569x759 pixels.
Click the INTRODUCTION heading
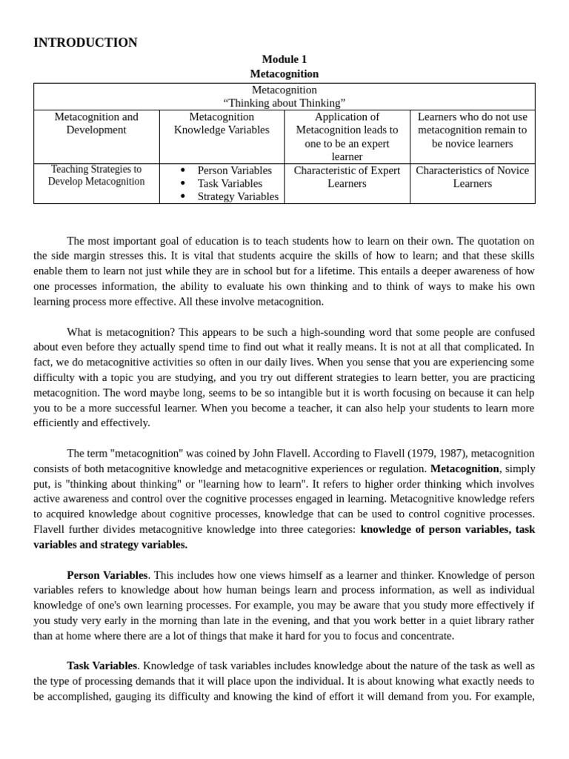tap(85, 43)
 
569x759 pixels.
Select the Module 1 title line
tap(284, 59)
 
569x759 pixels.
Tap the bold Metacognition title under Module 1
tap(284, 74)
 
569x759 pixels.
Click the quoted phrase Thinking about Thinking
tap(284, 103)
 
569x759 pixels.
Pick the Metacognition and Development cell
tap(96, 123)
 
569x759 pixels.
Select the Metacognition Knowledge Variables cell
tap(222, 123)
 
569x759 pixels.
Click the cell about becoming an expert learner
tap(347, 136)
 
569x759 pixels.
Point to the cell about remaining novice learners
tap(472, 130)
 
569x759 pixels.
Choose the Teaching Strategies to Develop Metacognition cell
tap(96, 176)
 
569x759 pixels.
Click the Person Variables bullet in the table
tap(234, 170)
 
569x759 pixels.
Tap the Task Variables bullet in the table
tap(230, 183)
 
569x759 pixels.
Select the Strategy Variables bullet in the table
tap(238, 196)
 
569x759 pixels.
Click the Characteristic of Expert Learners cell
tap(347, 176)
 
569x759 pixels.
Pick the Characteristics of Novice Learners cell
tap(472, 176)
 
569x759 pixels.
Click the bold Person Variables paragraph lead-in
tap(107, 575)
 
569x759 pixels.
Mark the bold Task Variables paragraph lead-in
tap(102, 666)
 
